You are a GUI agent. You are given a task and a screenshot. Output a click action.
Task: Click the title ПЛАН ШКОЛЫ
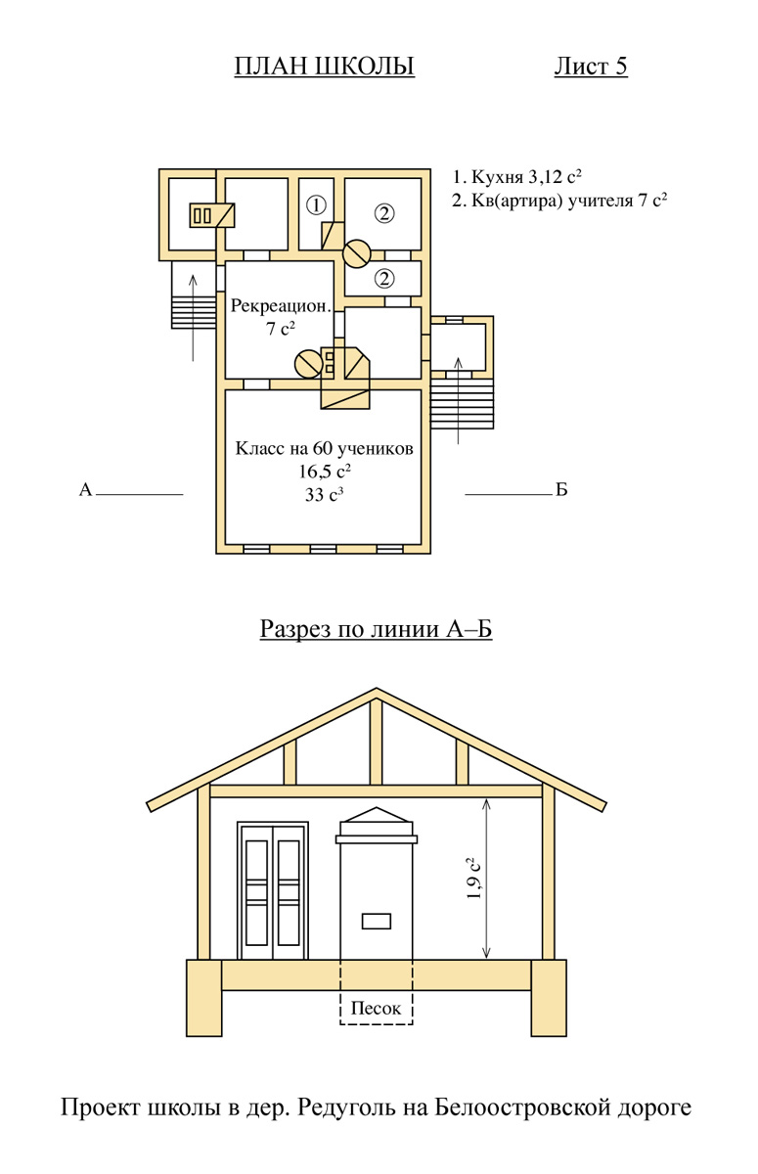pyautogui.click(x=324, y=67)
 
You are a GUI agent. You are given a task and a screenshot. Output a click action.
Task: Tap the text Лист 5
pyautogui.click(x=590, y=67)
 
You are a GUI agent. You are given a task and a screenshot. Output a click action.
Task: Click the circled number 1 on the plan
pyautogui.click(x=315, y=205)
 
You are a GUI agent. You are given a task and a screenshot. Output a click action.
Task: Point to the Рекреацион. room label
pyautogui.click(x=281, y=305)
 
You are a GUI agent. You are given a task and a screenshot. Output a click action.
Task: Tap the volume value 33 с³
pyautogui.click(x=325, y=495)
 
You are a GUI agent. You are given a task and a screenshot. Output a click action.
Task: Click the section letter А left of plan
pyautogui.click(x=85, y=490)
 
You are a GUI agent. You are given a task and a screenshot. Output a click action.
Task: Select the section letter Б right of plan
pyautogui.click(x=561, y=490)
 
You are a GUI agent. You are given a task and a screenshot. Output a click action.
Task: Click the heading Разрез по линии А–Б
pyautogui.click(x=376, y=628)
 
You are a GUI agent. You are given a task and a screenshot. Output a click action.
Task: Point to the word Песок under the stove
pyautogui.click(x=377, y=1008)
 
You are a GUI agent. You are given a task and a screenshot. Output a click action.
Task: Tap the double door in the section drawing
pyautogui.click(x=273, y=890)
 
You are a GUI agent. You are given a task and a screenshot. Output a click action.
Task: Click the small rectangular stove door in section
pyautogui.click(x=377, y=921)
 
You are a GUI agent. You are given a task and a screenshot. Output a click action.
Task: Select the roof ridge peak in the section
pyautogui.click(x=377, y=691)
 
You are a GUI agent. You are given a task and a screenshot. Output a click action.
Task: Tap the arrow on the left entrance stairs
pyautogui.click(x=194, y=313)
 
